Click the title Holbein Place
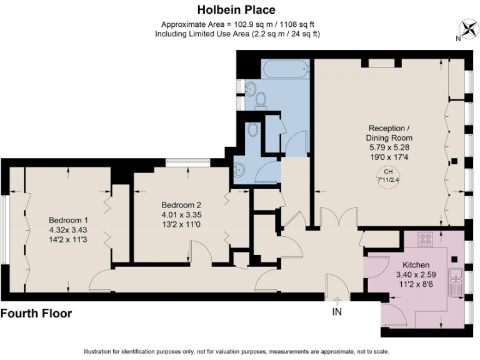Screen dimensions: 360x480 pyautogui.click(x=236, y=9)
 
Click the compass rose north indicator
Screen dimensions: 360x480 pyautogui.click(x=467, y=28)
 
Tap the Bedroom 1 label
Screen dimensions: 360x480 pyautogui.click(x=68, y=220)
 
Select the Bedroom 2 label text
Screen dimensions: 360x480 pyautogui.click(x=181, y=205)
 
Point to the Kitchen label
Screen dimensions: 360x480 pyautogui.click(x=416, y=265)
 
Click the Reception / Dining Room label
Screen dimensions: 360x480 pyautogui.click(x=389, y=132)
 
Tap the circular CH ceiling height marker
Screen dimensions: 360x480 pyautogui.click(x=389, y=176)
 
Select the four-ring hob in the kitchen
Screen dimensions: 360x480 pyautogui.click(x=426, y=240)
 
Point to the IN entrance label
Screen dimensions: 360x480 pyautogui.click(x=337, y=309)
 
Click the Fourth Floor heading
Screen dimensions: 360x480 pyautogui.click(x=37, y=314)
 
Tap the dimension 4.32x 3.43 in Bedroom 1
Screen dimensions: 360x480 pyautogui.click(x=68, y=230)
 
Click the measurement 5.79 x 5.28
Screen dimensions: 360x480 pyautogui.click(x=389, y=147)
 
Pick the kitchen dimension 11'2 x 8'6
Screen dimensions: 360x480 pyautogui.click(x=416, y=284)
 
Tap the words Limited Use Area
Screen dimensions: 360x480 pyautogui.click(x=216, y=34)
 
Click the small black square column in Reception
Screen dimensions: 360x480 pyautogui.click(x=454, y=161)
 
